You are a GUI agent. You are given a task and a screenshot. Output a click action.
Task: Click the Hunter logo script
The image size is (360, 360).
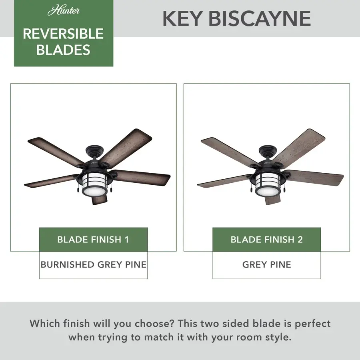tap(64, 10)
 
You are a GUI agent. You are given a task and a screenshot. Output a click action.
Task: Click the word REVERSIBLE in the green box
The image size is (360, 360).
tap(64, 34)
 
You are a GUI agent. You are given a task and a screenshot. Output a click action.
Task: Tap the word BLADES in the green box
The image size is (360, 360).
tap(63, 50)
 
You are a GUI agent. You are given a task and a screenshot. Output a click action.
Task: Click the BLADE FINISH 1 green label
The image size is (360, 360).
tap(93, 240)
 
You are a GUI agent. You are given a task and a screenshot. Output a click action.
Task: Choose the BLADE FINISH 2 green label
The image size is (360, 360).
tap(266, 240)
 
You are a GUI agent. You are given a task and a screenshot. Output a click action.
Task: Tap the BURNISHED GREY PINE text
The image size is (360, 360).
tap(93, 264)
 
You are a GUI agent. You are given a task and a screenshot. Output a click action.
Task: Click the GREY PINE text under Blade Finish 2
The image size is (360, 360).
tap(266, 264)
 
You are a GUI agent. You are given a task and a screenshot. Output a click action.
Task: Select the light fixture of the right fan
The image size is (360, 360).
tap(267, 182)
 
